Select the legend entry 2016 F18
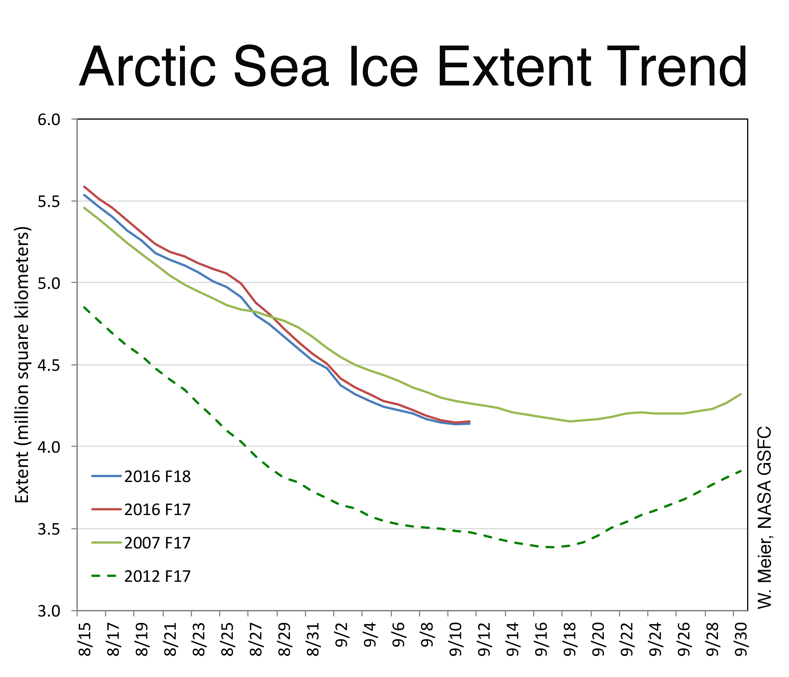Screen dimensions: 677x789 pos(157,477)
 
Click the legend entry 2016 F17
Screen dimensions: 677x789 pos(157,509)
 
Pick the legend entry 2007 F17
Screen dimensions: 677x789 pos(157,542)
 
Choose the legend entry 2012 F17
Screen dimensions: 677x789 pos(157,576)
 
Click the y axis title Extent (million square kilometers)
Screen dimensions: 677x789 pos(22,365)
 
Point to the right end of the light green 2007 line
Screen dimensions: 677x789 pos(741,394)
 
